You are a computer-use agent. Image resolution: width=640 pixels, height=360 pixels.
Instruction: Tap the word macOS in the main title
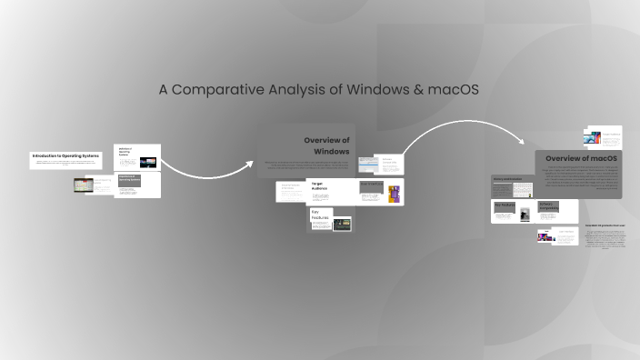coord(452,90)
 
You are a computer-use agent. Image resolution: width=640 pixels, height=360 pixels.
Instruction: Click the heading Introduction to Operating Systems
coord(66,156)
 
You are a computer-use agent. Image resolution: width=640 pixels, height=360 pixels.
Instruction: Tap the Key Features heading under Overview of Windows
coord(320,215)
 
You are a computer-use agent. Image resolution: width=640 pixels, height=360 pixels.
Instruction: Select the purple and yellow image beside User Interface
coord(394,193)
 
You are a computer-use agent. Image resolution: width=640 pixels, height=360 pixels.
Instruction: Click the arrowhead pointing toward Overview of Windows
coord(249,165)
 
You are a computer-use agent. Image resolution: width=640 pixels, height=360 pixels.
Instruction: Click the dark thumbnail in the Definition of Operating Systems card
coord(146,161)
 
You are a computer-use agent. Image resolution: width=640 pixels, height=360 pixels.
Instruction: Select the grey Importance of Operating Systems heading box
coord(128,180)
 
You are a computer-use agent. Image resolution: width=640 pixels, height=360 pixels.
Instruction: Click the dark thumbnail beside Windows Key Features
coord(342,222)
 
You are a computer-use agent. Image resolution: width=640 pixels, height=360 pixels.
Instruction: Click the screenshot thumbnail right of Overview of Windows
coord(368,165)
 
